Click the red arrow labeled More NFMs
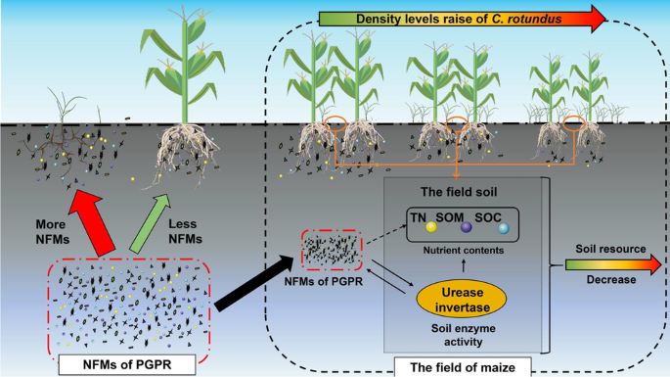click(91, 222)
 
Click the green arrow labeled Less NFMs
click(150, 223)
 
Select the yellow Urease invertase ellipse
click(462, 300)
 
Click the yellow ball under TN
click(431, 227)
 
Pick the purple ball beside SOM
click(467, 227)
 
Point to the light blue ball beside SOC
click(504, 228)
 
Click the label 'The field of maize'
click(463, 367)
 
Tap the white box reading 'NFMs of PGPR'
click(127, 364)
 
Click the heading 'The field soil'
click(459, 192)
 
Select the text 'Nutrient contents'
click(464, 251)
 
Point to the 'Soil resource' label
click(610, 249)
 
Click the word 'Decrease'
click(611, 279)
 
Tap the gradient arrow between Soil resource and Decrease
click(613, 264)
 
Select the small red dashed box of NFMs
click(332, 250)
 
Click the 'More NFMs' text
click(53, 231)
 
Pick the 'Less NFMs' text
click(185, 231)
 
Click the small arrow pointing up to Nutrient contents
click(464, 266)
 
